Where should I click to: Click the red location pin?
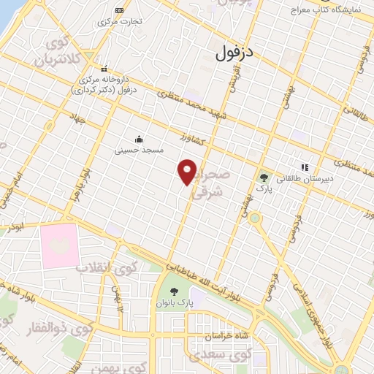pos(188,172)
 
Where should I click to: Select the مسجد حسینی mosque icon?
pos(139,139)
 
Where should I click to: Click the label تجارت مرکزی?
pos(119,22)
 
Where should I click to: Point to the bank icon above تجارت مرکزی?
pos(119,10)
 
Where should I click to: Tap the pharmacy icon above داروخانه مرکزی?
pos(104,67)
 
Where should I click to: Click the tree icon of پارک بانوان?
pos(173,292)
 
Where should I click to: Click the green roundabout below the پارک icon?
pos(254,218)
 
